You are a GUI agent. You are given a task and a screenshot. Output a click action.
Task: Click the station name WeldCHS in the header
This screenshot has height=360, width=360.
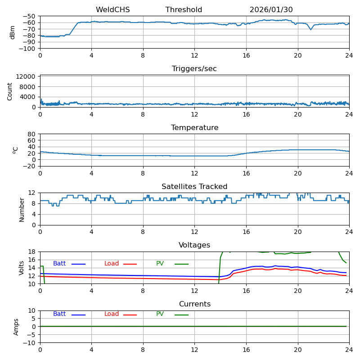[x=112, y=10]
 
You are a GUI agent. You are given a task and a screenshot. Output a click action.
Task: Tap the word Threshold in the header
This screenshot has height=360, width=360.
[x=184, y=10]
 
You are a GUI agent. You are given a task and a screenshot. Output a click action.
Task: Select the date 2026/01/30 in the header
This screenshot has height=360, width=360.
[x=271, y=10]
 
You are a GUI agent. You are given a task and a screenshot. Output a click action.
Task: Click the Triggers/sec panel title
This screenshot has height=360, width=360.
[x=194, y=69]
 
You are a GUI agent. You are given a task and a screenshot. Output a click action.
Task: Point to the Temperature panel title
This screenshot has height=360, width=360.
[x=194, y=128]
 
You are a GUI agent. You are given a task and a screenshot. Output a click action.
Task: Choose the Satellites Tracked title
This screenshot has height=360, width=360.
[x=194, y=187]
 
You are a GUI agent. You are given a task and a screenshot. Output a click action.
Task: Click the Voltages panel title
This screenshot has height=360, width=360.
[x=194, y=245]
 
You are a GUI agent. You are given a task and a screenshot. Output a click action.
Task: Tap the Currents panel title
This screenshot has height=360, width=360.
[x=194, y=304]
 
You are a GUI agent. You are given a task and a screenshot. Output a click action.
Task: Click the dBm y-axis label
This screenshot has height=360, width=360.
[x=13, y=32]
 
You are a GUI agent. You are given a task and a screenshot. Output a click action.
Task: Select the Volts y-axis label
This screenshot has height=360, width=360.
[x=22, y=268]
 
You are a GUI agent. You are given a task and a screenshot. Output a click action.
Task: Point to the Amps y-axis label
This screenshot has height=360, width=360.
[x=17, y=327]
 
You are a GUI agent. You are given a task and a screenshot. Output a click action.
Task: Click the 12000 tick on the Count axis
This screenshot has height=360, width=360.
[x=27, y=77]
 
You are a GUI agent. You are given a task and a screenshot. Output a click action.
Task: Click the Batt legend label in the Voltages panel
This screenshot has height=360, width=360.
[x=59, y=264]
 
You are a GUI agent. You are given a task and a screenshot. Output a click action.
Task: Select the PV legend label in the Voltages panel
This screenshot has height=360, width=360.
[x=160, y=264]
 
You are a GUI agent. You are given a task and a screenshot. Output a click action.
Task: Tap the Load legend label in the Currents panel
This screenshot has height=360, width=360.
[x=112, y=314]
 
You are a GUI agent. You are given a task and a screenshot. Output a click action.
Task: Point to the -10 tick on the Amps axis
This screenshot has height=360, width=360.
[x=31, y=343]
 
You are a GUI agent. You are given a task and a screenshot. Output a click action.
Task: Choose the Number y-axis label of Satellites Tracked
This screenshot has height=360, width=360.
[x=22, y=209]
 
